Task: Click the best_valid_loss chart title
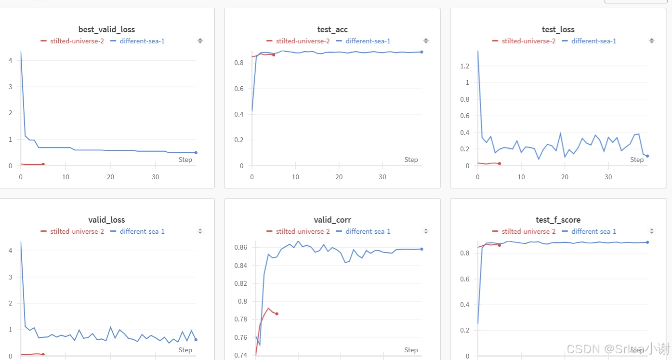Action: (x=106, y=29)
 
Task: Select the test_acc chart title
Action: (x=332, y=29)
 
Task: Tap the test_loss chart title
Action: (x=558, y=29)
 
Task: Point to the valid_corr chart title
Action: (x=332, y=220)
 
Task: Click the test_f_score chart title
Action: (x=558, y=220)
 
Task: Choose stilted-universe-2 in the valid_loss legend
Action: (x=77, y=231)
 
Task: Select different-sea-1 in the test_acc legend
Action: (x=368, y=41)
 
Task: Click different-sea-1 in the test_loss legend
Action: (x=593, y=41)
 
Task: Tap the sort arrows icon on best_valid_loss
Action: (x=200, y=41)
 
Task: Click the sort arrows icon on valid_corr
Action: (x=426, y=231)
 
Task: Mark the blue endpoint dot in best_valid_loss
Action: (x=196, y=153)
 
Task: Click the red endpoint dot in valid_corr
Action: (x=277, y=314)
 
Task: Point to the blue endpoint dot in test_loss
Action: (x=647, y=156)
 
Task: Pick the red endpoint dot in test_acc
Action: (x=274, y=55)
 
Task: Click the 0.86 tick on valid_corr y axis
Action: (x=240, y=247)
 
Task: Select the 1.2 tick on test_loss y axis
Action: (x=464, y=66)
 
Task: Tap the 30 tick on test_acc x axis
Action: (x=382, y=177)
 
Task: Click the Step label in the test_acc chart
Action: (x=411, y=160)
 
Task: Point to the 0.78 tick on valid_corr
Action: (x=240, y=319)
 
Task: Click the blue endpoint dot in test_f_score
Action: (x=647, y=242)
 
